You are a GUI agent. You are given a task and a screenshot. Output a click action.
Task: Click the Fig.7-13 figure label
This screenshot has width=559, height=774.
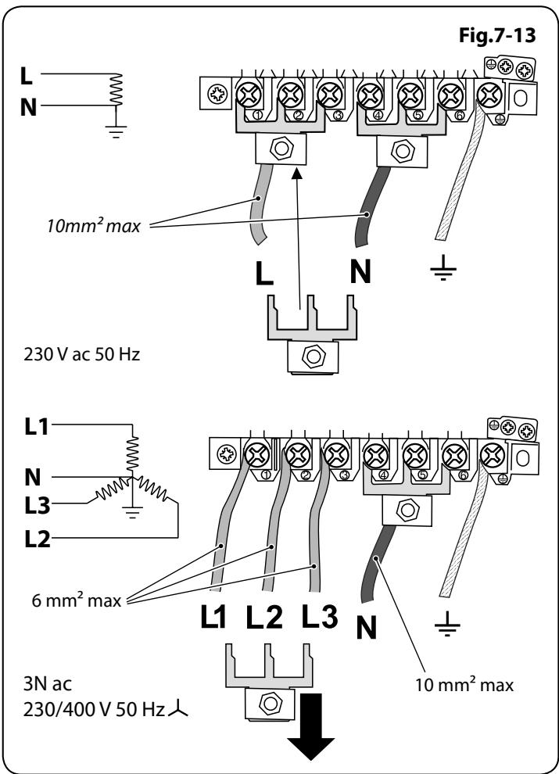tap(496, 35)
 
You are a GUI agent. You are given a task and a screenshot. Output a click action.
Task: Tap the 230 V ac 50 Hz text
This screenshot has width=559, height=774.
tap(82, 354)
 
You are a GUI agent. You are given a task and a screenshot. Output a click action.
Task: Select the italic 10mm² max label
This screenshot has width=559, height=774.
tap(94, 226)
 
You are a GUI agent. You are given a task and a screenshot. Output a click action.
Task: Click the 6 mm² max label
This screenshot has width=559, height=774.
tap(77, 600)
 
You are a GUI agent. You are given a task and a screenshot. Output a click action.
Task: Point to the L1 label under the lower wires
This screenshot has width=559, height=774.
tap(213, 617)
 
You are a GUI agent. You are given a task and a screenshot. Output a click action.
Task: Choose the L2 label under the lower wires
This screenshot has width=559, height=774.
tap(265, 617)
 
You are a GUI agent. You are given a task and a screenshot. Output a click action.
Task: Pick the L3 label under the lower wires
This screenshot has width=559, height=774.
tap(320, 617)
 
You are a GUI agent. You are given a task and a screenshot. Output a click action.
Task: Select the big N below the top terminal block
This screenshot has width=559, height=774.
tap(360, 271)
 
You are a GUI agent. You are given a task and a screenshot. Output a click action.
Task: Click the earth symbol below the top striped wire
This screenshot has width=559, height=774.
tap(443, 268)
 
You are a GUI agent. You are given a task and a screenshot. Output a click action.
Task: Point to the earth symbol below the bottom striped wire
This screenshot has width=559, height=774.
tap(447, 625)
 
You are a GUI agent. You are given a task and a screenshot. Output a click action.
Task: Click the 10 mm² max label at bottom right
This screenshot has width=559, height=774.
tap(464, 685)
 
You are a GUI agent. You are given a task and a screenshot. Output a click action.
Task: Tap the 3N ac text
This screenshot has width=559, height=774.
tap(48, 684)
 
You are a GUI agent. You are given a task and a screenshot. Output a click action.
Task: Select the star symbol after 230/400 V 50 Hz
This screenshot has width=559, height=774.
tap(177, 709)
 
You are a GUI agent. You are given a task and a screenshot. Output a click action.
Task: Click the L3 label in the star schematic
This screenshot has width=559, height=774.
tap(38, 506)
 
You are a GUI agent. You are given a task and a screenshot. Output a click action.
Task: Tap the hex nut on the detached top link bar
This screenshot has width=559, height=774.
tap(312, 357)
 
